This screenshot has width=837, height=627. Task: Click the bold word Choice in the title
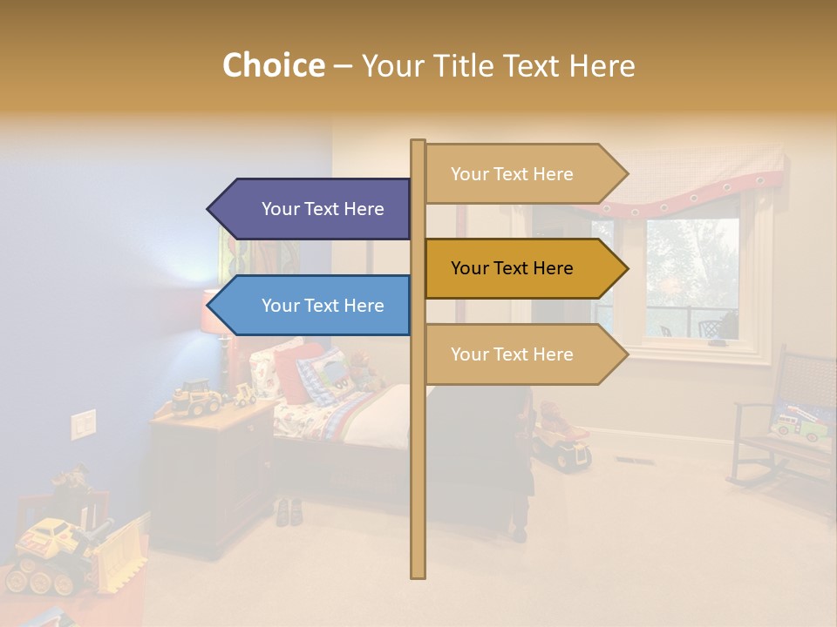[x=273, y=65]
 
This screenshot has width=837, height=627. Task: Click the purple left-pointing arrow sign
[x=314, y=209]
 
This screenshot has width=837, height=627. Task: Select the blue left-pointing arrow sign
[x=314, y=306]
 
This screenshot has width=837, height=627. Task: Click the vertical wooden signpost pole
[x=418, y=488]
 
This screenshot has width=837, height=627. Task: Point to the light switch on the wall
[x=83, y=424]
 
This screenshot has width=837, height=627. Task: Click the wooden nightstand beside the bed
[x=209, y=470]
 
